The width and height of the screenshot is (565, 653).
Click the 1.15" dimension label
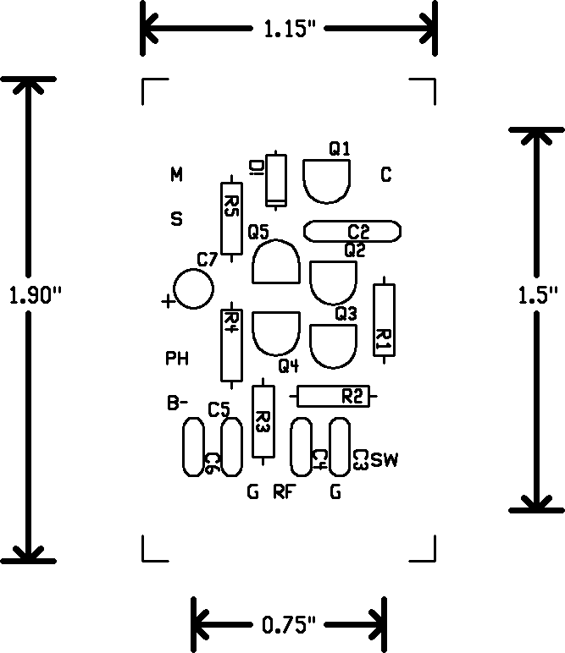pos(290,30)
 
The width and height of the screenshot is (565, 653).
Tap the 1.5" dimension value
pos(536,295)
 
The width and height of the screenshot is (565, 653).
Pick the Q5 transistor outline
pos(275,262)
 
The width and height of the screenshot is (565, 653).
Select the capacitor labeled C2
pos(352,232)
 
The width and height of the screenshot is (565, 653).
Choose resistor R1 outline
pos(384,321)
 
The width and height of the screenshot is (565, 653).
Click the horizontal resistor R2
pos(334,396)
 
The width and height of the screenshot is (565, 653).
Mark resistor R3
pos(263,420)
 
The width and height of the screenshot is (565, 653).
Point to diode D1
pos(275,179)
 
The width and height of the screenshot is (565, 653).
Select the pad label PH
pos(176,359)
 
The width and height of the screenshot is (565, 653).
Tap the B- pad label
pos(176,404)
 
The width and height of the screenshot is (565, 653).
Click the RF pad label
pos(283,491)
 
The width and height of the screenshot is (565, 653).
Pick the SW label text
pos(384,461)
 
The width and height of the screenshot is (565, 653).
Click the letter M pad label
pos(176,175)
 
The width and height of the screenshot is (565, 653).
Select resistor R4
pos(230,347)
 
